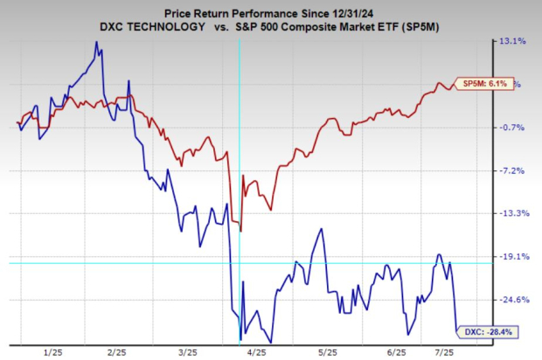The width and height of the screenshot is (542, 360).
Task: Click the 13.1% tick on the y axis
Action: [x=511, y=41]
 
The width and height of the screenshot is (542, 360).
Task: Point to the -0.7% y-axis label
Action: [x=511, y=128]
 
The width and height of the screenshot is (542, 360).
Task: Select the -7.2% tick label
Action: [x=511, y=170]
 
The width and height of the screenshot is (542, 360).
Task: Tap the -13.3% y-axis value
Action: [x=511, y=213]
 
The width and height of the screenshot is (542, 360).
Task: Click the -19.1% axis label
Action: [x=511, y=257]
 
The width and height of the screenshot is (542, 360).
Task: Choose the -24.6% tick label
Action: [x=511, y=300]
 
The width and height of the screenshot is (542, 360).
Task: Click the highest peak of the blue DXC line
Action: [x=95, y=42]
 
